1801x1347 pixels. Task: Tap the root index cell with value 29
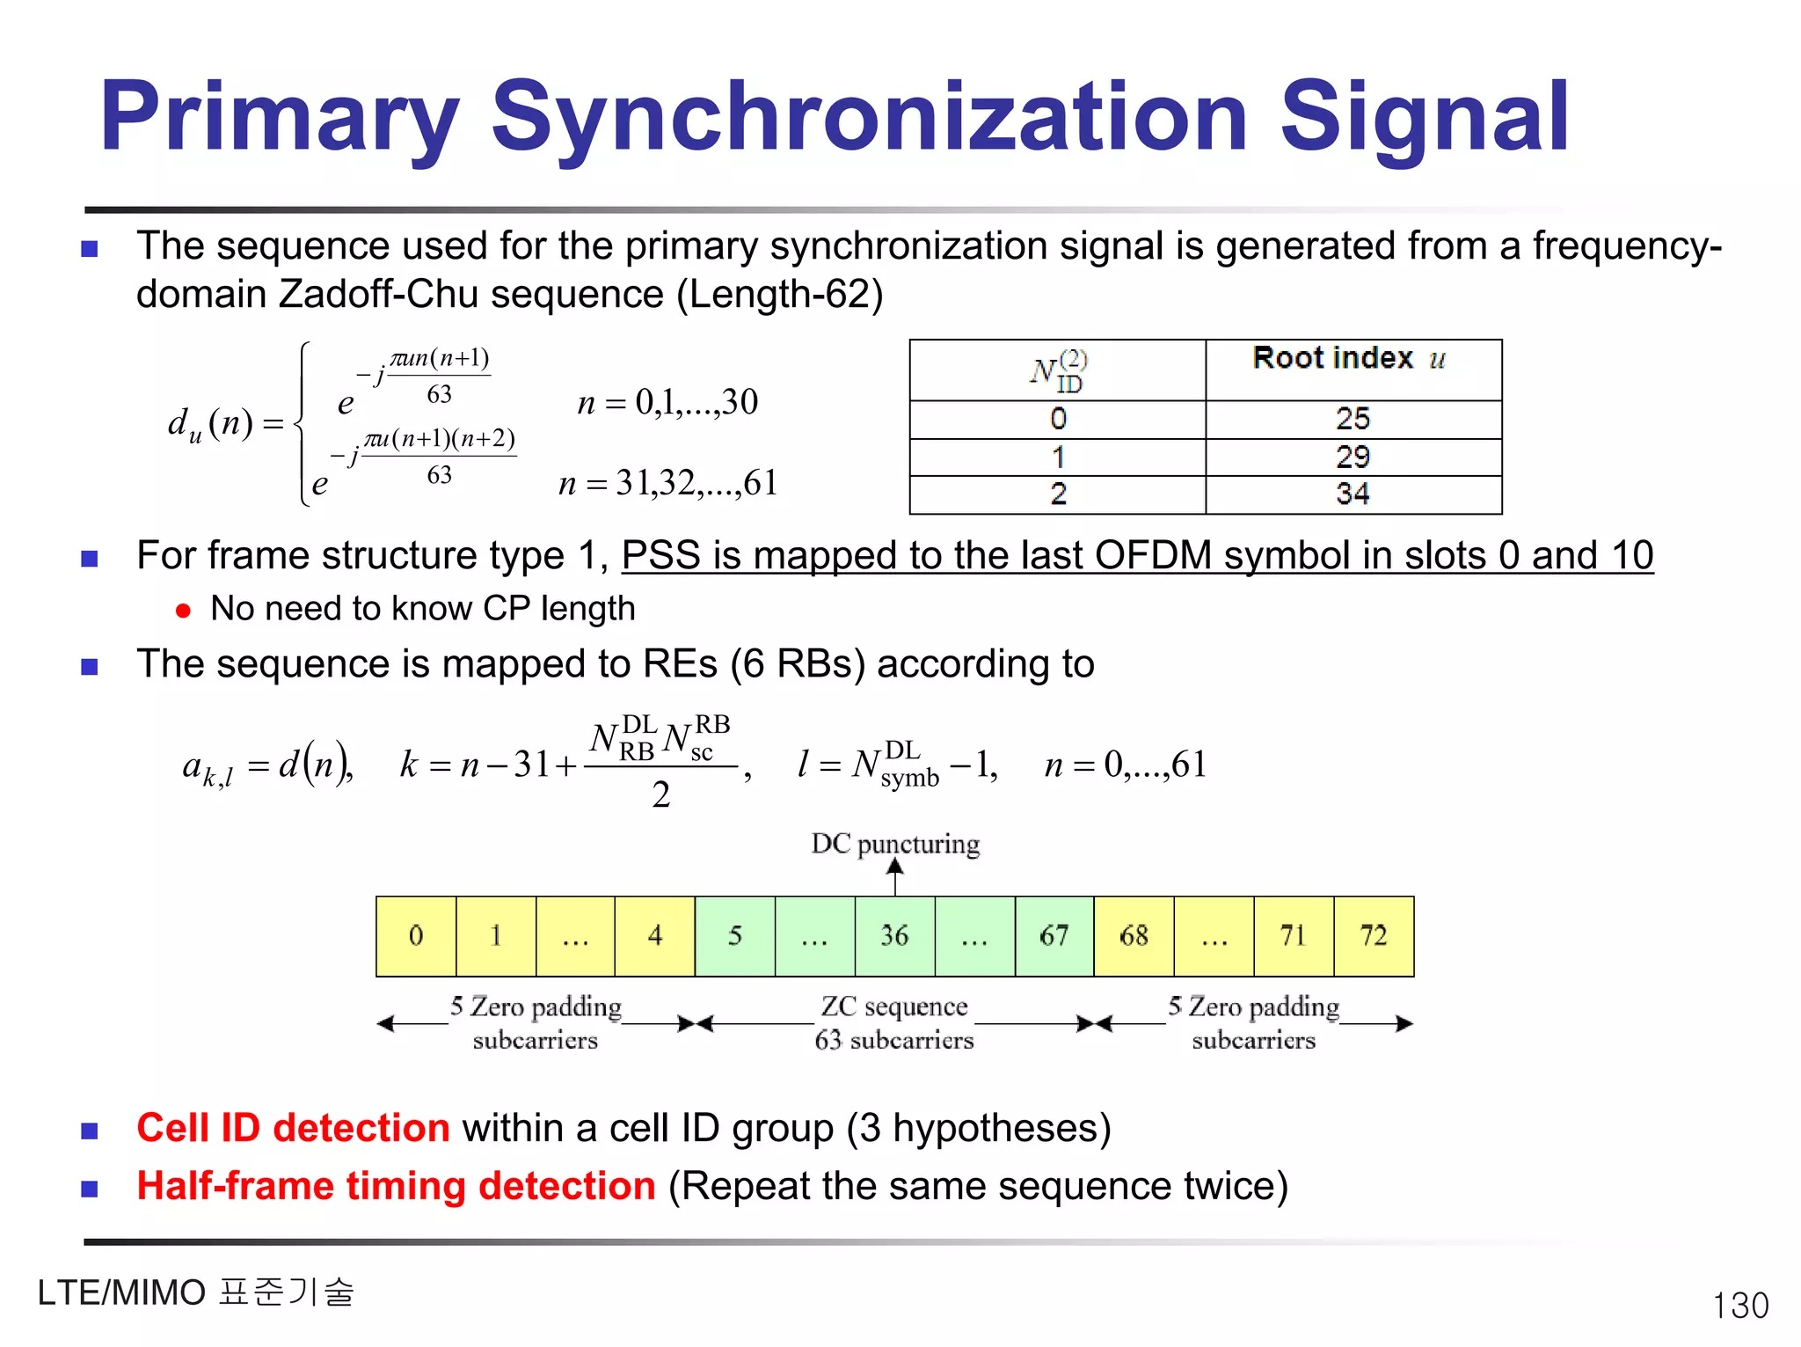1353,457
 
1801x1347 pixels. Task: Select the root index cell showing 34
1353,494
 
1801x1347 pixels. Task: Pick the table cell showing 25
1353,419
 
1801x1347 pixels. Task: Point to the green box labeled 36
894,936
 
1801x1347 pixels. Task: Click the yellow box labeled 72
1374,936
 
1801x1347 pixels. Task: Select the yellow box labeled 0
416,936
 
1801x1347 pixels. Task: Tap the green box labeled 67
1054,936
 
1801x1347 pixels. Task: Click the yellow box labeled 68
1134,936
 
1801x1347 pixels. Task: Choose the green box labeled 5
735,936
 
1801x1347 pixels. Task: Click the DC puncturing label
894,844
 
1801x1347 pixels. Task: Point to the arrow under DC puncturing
895,877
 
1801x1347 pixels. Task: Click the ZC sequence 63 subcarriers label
894,1022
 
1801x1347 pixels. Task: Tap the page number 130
1739,1305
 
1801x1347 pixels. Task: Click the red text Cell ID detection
293,1128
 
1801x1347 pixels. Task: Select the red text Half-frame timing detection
396,1186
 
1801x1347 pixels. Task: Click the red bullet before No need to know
183,611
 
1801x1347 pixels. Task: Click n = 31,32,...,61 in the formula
667,483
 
